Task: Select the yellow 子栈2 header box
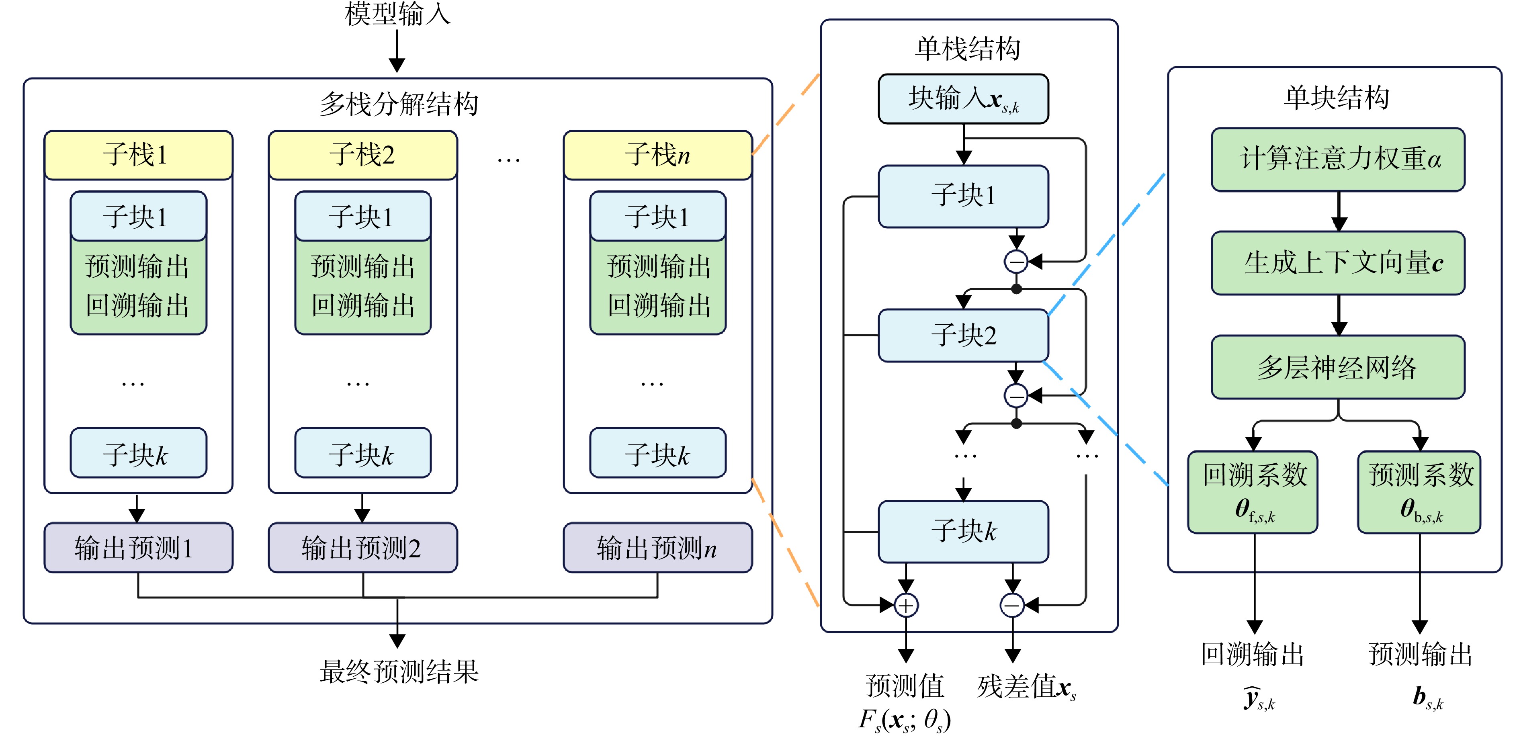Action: tap(362, 155)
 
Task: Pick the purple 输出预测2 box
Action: tap(362, 548)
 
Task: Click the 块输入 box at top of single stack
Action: tap(964, 99)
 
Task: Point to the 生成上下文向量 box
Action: tap(1339, 263)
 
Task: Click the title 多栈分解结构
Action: tap(399, 104)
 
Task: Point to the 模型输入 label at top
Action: tap(398, 14)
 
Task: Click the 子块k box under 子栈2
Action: tap(362, 453)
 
